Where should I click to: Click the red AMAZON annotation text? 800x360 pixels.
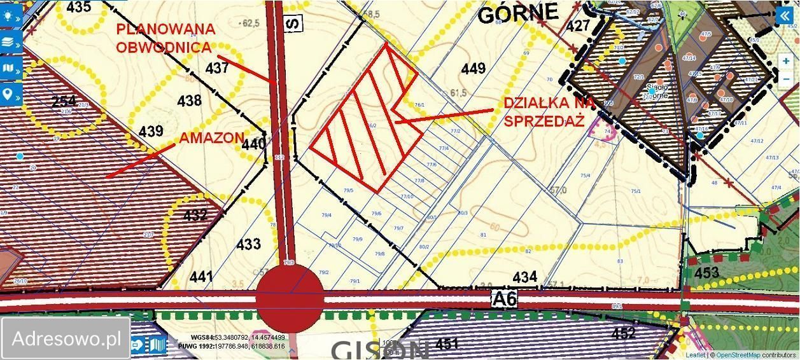pos(211,137)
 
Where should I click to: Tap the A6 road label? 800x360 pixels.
pos(503,298)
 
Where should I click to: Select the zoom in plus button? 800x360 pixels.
pos(787,62)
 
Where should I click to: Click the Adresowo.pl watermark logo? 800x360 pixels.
pos(66,338)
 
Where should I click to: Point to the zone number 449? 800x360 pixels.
pos(473,69)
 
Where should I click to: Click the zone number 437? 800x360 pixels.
pos(217,67)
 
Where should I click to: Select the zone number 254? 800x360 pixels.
pos(64,101)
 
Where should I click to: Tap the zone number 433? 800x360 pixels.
pos(248,244)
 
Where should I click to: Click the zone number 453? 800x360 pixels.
pos(706,273)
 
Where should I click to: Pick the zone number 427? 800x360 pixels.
pos(578,26)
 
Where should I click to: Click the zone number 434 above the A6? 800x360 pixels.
pos(524,277)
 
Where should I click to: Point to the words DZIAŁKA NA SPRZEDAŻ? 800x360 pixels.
pos(549,112)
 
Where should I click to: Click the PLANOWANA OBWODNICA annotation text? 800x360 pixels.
pos(165,38)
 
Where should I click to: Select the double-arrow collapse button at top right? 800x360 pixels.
pos(787,17)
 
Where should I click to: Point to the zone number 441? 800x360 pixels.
pos(201,277)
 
